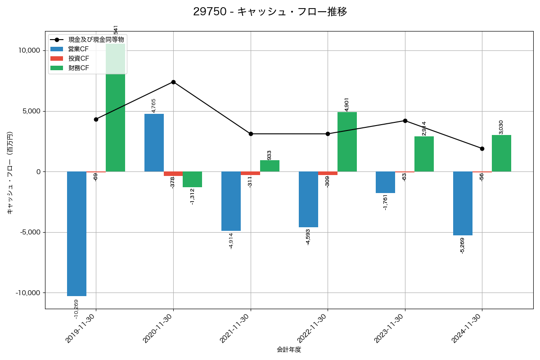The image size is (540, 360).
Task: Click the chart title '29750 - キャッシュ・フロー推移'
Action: pos(270,12)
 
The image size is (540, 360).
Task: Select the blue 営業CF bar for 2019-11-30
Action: pos(76,234)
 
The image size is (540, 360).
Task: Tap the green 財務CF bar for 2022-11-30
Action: pos(347,142)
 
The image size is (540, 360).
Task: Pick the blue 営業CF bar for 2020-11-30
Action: pos(154,143)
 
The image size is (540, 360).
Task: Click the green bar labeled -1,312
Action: pos(192,179)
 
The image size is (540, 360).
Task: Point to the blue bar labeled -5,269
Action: pos(463,203)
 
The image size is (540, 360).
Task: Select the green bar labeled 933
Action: pos(270,166)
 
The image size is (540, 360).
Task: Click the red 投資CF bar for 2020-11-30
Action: pos(173,174)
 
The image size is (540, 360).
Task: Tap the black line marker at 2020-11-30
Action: pos(173,82)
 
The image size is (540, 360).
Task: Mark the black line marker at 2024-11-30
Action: pos(482,148)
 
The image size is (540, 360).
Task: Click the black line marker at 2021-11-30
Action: pos(251,134)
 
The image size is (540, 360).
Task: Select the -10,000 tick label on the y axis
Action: pos(27,293)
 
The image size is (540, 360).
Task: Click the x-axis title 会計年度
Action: pos(289,350)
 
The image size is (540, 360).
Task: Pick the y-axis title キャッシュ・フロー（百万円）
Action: pos(10,172)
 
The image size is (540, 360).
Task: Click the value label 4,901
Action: pos(346,104)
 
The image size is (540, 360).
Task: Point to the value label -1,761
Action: pos(385,202)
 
